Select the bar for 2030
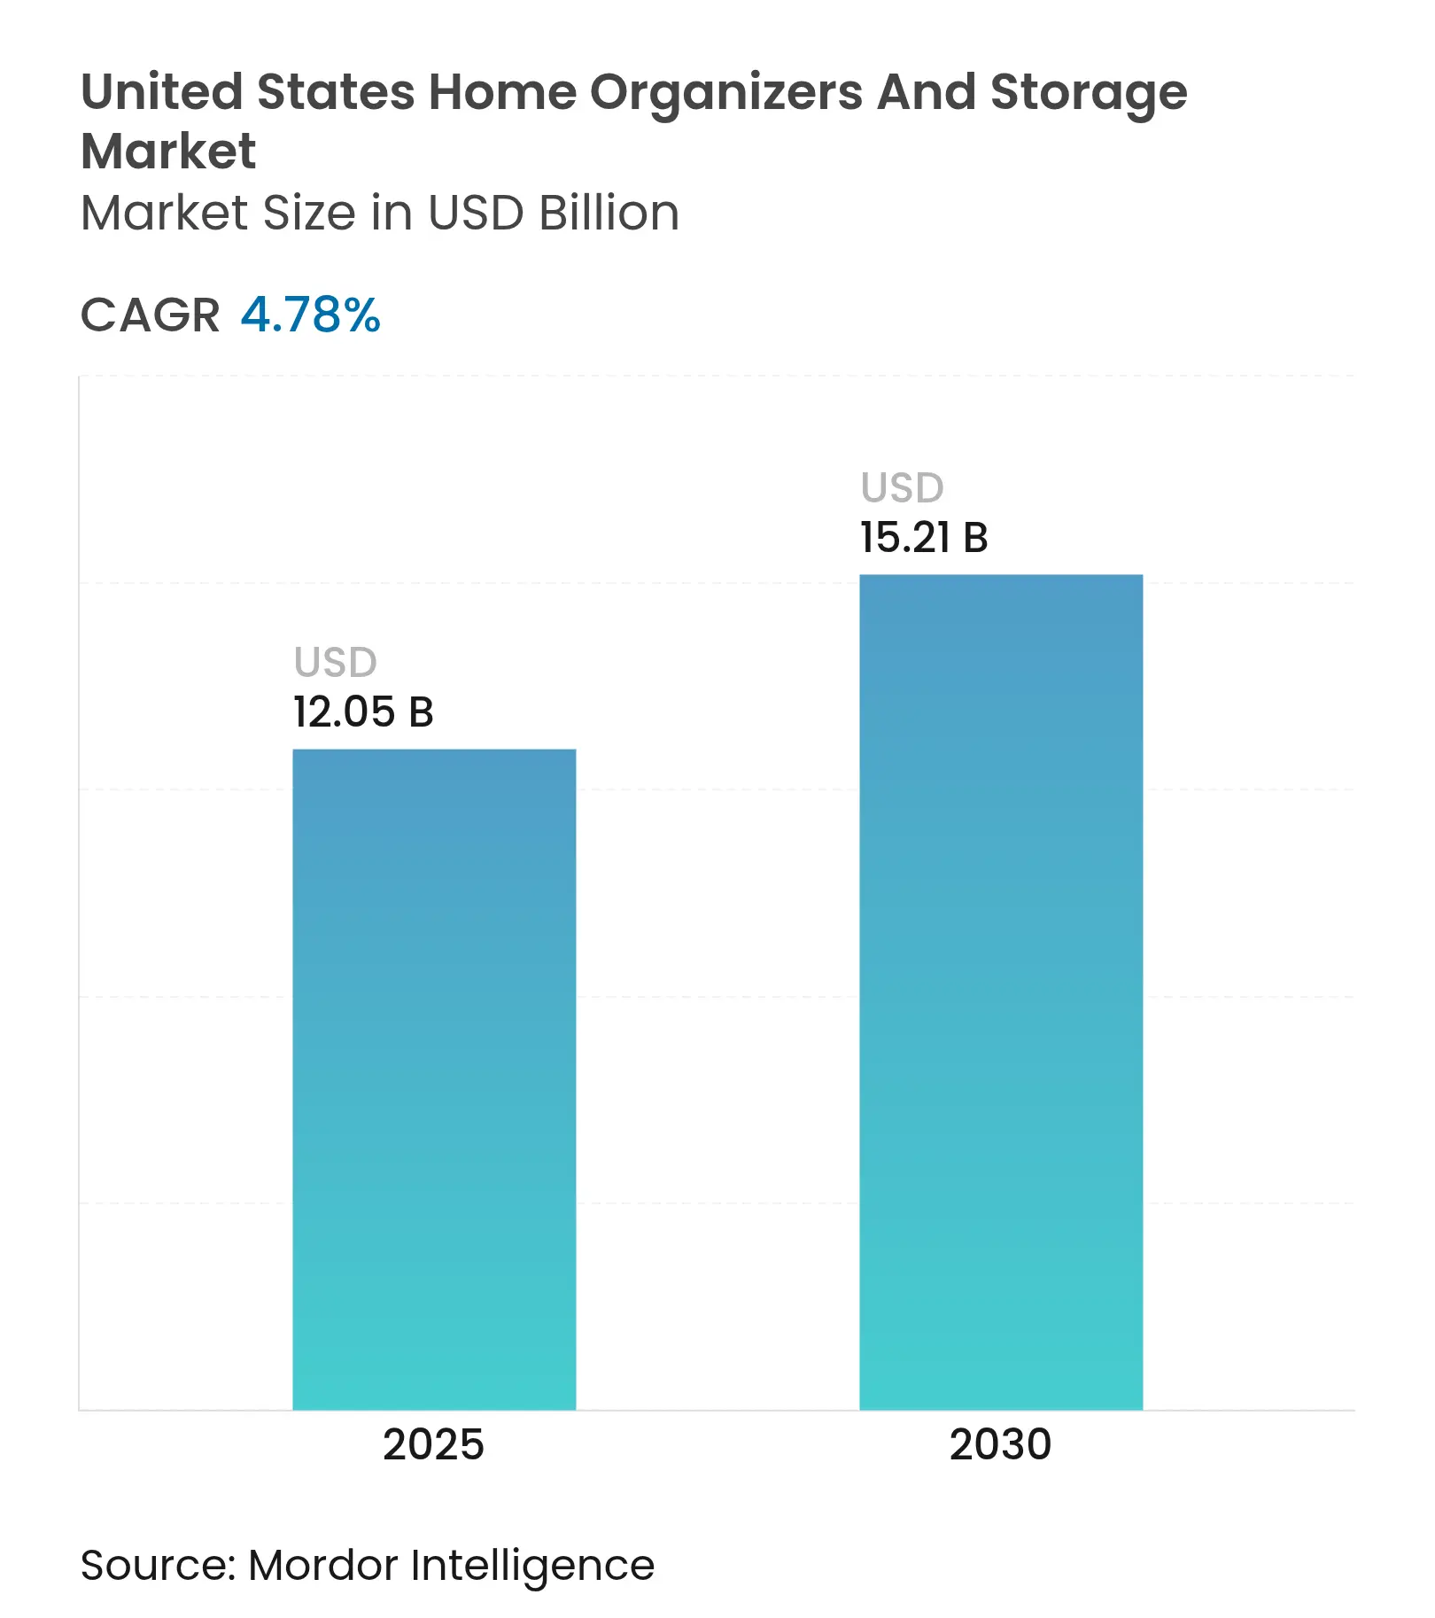coord(1001,992)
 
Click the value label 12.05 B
coord(363,712)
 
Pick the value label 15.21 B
coord(924,537)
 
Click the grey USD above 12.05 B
coord(336,662)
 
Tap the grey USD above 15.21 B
coord(903,487)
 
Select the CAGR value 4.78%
coord(311,315)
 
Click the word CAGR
coord(150,315)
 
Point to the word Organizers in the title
coord(726,92)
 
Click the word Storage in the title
coord(1089,92)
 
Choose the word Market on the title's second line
coord(168,151)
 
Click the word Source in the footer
coord(156,1564)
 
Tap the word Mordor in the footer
coord(322,1564)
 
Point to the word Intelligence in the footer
coord(532,1566)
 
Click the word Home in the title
coord(501,92)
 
